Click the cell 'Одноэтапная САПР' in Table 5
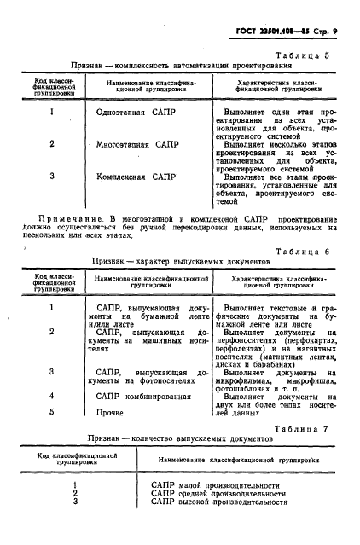(x=141, y=112)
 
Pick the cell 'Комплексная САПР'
(x=141, y=177)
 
